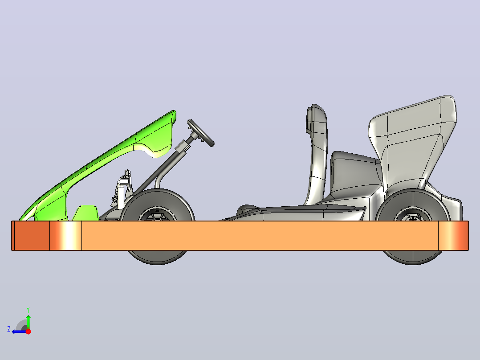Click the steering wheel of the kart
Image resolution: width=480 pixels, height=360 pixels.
coord(201,133)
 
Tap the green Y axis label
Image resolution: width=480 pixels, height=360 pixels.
coord(28,310)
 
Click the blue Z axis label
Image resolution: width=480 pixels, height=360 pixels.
coord(9,329)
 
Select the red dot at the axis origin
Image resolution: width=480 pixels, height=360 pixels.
coord(28,331)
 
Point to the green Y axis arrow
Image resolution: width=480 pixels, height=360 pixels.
coord(28,322)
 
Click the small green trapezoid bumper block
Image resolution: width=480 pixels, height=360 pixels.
coord(85,213)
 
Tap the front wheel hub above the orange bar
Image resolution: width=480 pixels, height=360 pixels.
coord(157,214)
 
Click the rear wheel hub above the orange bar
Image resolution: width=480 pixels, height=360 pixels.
coord(413,214)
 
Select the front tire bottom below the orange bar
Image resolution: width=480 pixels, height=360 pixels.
coord(157,258)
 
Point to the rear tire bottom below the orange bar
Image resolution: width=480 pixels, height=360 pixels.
coord(413,258)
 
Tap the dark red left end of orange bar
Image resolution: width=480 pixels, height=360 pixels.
coord(31,236)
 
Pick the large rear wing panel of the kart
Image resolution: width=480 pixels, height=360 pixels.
coord(412,141)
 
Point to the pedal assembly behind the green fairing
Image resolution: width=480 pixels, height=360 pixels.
coord(122,190)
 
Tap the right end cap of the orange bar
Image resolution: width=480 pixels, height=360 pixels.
coord(453,236)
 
